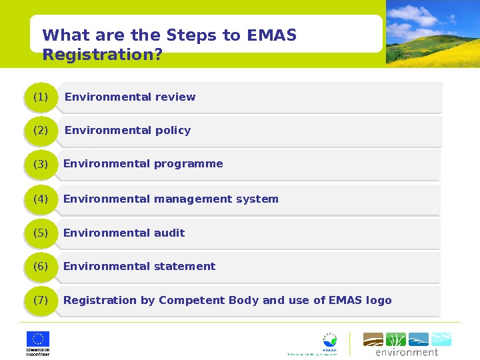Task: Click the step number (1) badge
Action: tap(41, 97)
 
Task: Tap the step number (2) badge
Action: tap(41, 131)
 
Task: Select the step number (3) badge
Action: tap(41, 164)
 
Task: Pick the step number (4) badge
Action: tap(41, 199)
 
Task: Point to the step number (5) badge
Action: tap(41, 233)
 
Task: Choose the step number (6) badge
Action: tap(41, 267)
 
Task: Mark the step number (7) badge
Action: tap(41, 301)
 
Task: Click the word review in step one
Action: tap(175, 97)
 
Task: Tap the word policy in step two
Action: tap(173, 131)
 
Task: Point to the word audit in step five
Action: tap(169, 233)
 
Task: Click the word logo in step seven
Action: tap(379, 301)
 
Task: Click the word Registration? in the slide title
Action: tap(102, 55)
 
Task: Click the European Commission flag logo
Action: tap(38, 339)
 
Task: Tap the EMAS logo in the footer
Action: tap(329, 341)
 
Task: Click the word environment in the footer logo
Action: tap(407, 352)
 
